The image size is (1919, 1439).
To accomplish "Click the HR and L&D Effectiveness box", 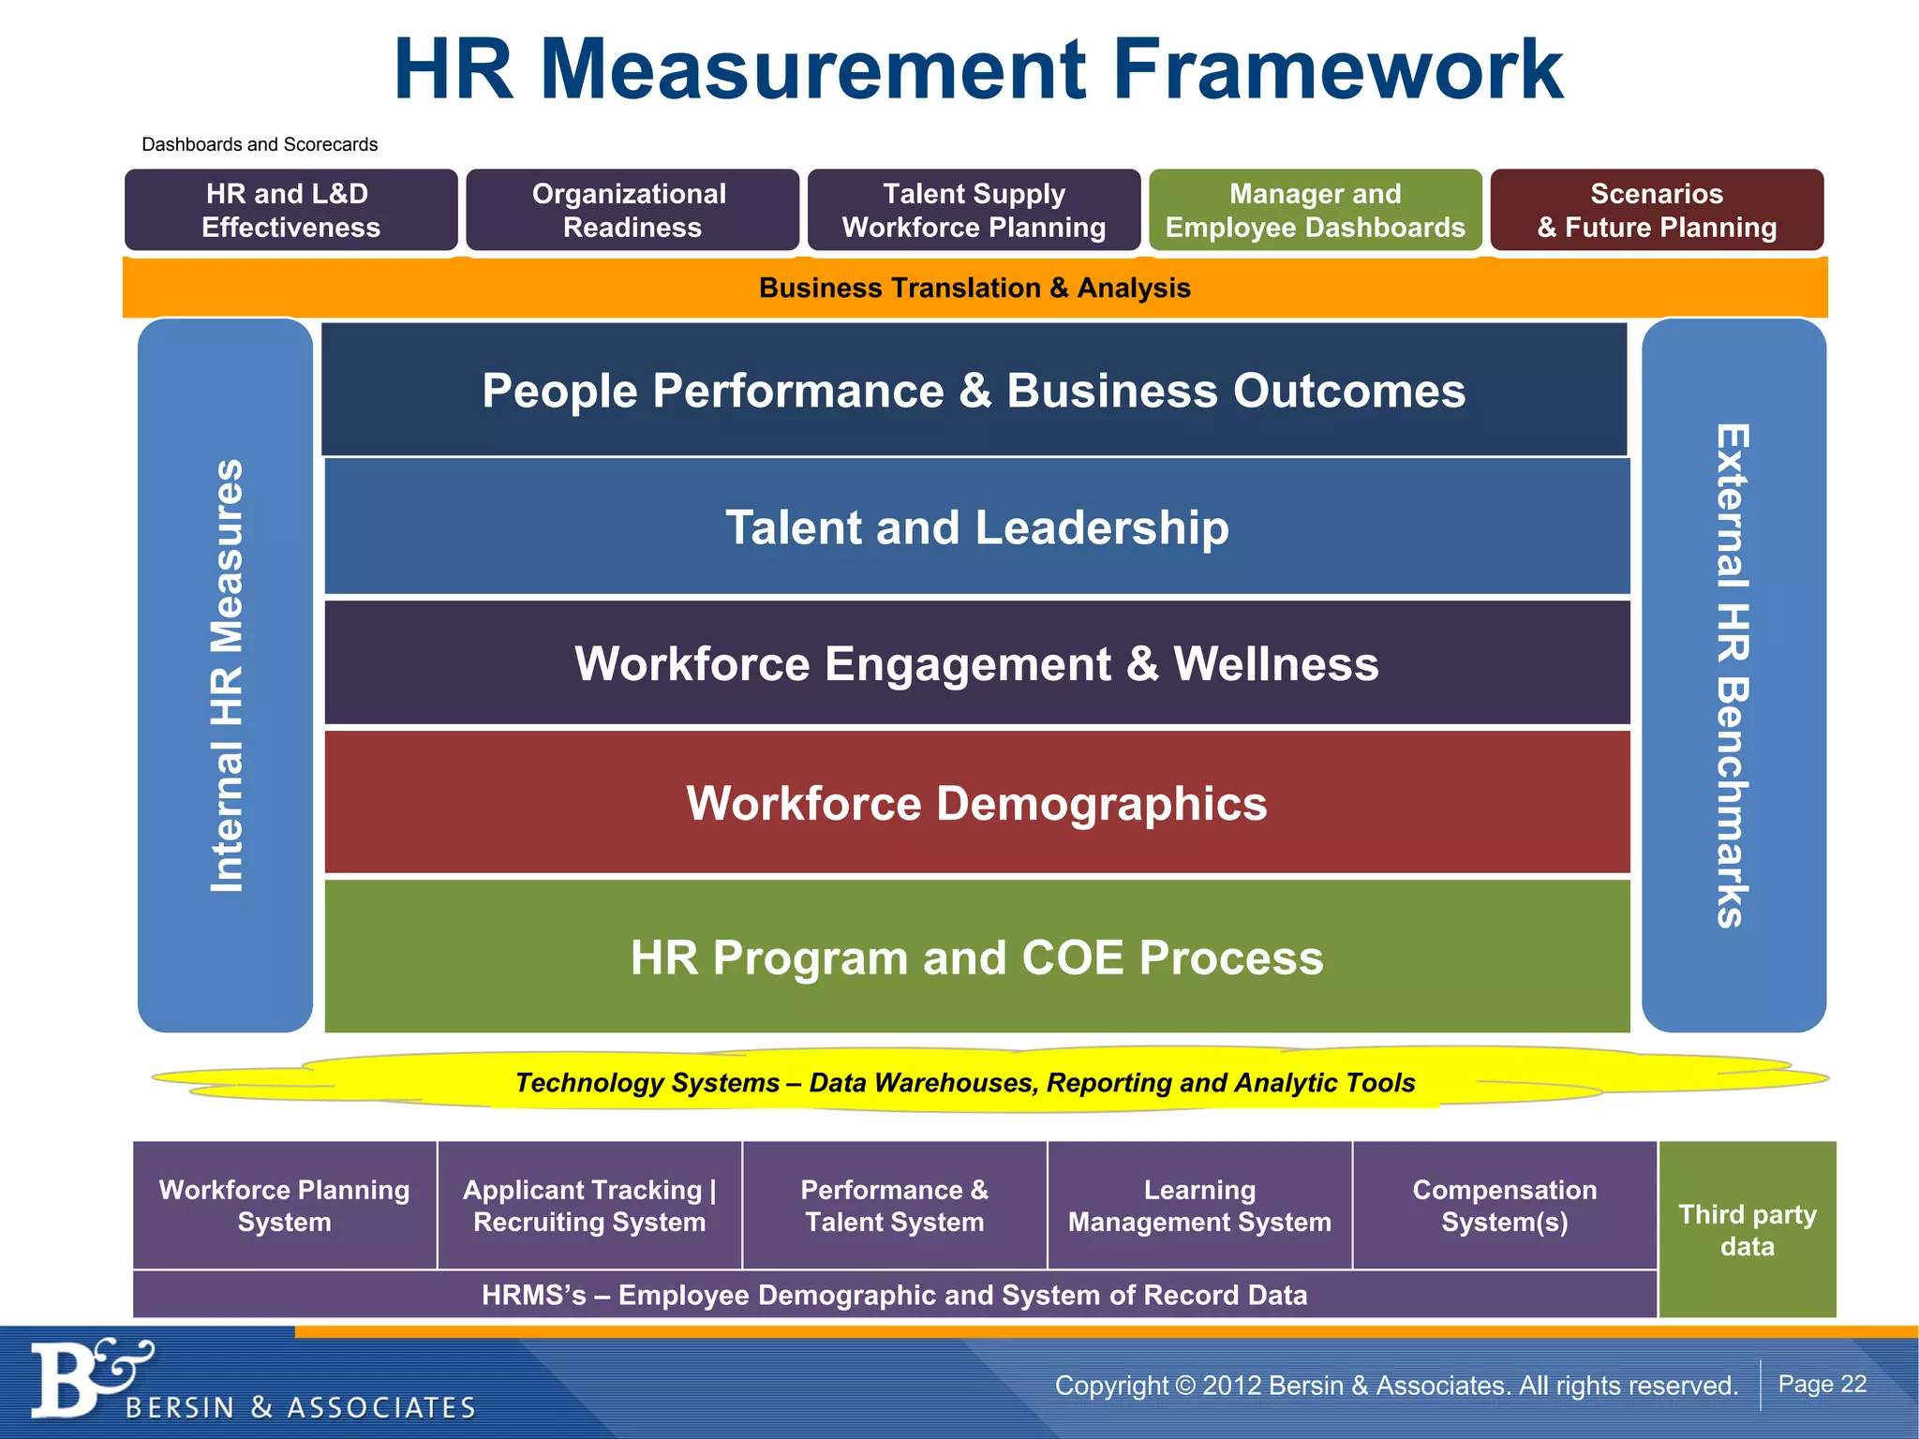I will pos(290,210).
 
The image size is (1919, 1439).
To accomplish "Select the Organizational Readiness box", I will pos(632,210).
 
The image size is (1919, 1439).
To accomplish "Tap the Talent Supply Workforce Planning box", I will pos(974,210).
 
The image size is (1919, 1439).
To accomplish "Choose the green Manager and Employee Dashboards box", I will pos(1315,210).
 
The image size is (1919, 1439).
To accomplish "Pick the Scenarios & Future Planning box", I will pos(1657,210).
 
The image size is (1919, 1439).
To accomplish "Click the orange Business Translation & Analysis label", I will pos(974,288).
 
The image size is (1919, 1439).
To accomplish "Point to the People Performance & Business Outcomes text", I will pos(974,390).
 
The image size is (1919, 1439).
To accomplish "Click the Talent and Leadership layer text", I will pos(976,527).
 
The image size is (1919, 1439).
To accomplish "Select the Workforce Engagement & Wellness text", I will pos(976,663).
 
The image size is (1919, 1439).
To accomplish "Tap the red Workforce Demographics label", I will pos(976,803).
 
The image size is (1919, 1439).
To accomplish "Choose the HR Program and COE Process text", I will pos(976,957).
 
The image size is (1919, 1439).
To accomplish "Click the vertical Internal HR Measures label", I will pos(226,675).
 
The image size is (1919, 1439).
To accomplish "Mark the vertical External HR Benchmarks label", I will pos(1733,675).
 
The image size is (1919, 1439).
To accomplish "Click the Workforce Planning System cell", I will pos(285,1206).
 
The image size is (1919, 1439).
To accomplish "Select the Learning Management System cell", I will pos(1199,1206).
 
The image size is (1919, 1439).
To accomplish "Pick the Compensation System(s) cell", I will pos(1504,1206).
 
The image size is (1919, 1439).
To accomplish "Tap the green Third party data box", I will pos(1748,1229).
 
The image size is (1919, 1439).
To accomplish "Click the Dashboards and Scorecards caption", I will pos(260,144).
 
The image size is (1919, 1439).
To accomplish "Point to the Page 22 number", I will pos(1822,1384).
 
